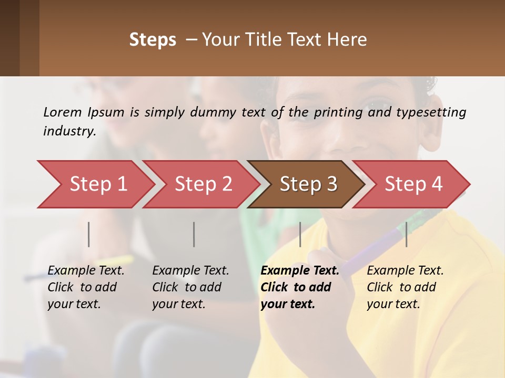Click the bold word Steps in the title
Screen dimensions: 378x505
coord(153,40)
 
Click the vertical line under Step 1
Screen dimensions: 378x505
coord(89,234)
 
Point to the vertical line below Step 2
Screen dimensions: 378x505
coord(194,234)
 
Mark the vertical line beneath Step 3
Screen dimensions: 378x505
coord(300,234)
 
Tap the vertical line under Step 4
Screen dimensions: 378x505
coord(406,234)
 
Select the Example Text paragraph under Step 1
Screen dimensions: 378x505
coord(86,287)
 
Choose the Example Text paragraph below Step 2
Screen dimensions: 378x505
coord(190,287)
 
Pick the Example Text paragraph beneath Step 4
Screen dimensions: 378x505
coord(405,287)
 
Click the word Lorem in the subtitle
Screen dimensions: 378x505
coord(62,112)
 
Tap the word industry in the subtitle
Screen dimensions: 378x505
coord(69,131)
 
